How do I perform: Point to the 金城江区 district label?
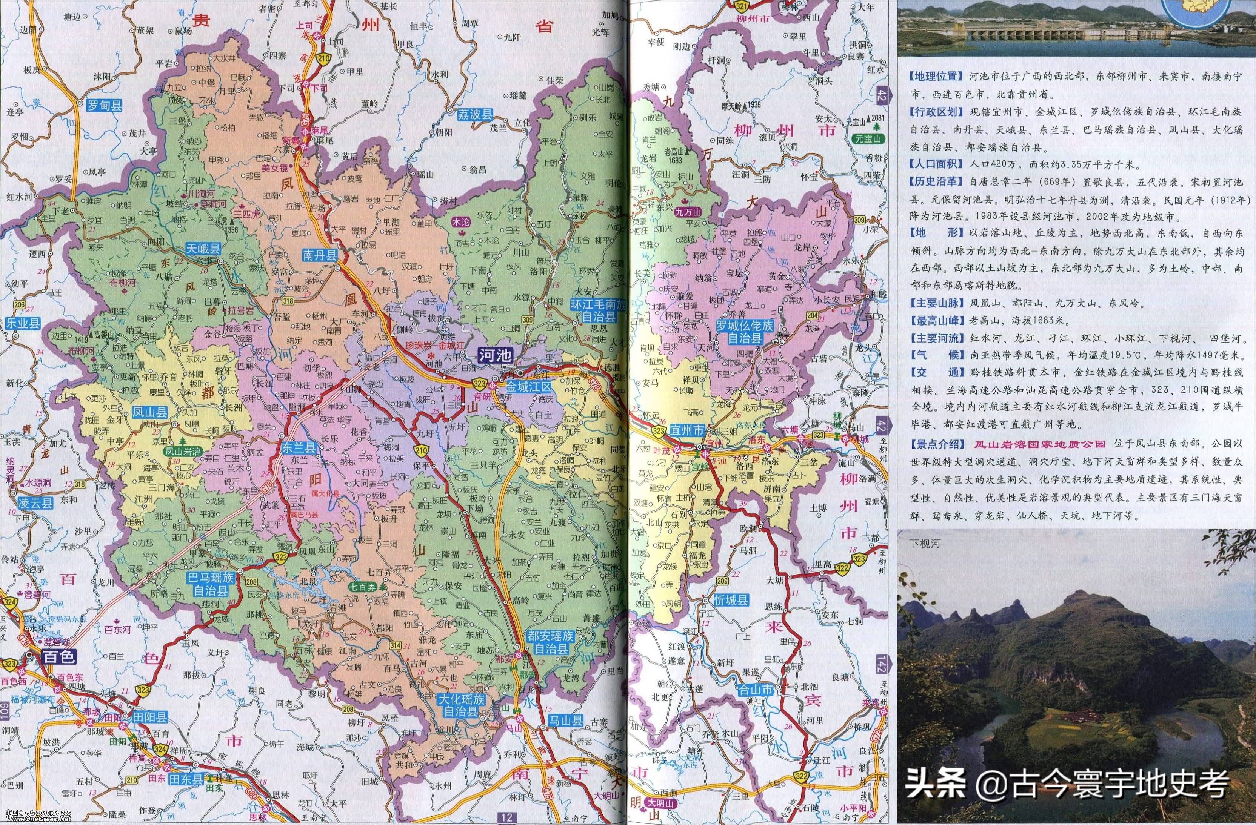528,387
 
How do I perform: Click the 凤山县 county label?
150,412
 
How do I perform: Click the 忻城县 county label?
731,600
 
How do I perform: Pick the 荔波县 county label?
474,114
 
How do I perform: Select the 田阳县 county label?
149,716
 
